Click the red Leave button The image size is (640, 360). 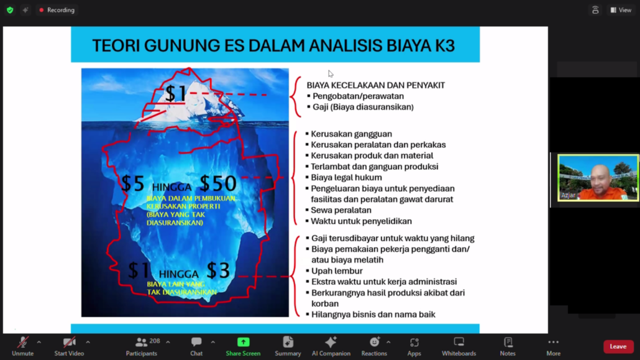[x=618, y=346]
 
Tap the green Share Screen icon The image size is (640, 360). [x=243, y=342]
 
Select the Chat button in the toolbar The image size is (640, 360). [x=196, y=342]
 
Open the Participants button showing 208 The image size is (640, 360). [x=142, y=342]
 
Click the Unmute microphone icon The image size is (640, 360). [x=22, y=342]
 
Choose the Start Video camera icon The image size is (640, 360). [x=69, y=342]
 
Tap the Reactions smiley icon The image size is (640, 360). [x=374, y=342]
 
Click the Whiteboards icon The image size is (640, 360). [x=459, y=342]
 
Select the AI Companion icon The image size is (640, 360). [x=331, y=342]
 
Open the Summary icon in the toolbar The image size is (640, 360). [x=288, y=342]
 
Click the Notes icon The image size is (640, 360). [x=508, y=342]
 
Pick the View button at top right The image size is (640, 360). [x=621, y=10]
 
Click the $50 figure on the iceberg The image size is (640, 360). [x=218, y=183]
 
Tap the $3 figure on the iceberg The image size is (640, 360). [x=218, y=270]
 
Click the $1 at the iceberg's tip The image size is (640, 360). [x=175, y=94]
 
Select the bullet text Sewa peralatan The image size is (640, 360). [x=341, y=210]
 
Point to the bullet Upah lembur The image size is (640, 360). [x=337, y=271]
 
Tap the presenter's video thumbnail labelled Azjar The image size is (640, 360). [x=598, y=177]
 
